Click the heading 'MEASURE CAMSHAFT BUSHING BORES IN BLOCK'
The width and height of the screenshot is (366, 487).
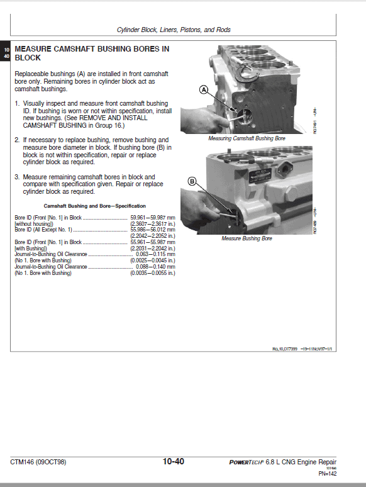[91, 52]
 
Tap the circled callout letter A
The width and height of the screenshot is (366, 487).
[203, 90]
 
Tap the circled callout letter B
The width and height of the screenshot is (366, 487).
[192, 182]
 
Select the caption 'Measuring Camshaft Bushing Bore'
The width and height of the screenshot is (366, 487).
[247, 138]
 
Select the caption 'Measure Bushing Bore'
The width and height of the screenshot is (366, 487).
[247, 238]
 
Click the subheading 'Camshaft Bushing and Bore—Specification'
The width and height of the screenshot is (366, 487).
[94, 206]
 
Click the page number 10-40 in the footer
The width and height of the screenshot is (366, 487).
[173, 462]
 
